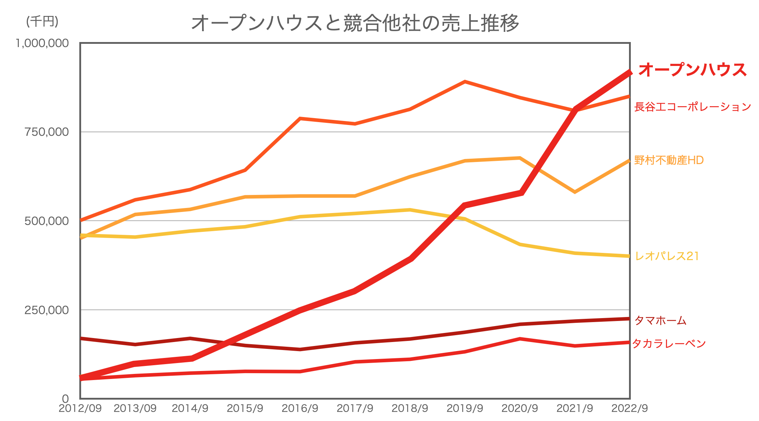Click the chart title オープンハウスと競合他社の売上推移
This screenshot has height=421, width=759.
[355, 23]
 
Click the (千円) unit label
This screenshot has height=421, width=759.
[42, 21]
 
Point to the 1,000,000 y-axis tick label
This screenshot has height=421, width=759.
[42, 43]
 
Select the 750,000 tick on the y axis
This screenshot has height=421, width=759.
[46, 132]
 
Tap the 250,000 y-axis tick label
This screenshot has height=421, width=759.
[46, 310]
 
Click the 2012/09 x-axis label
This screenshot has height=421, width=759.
[80, 408]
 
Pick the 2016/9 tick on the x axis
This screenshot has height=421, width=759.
[300, 408]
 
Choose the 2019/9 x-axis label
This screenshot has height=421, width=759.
[465, 408]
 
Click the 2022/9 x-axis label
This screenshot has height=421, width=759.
[629, 408]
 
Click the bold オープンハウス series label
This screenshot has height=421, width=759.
[692, 70]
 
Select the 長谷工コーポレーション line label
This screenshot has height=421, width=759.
[692, 107]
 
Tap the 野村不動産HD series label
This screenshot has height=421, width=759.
[668, 160]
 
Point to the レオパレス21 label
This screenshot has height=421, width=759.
[667, 256]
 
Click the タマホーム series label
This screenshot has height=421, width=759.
[660, 320]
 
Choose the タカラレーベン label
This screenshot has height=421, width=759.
[669, 343]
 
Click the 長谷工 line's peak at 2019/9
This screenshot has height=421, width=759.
[465, 82]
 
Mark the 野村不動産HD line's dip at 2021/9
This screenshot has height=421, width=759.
[575, 192]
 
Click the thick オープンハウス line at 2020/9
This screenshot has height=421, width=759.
[520, 192]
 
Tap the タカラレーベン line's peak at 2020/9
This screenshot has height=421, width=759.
[520, 339]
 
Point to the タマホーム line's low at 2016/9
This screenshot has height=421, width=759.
[300, 349]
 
